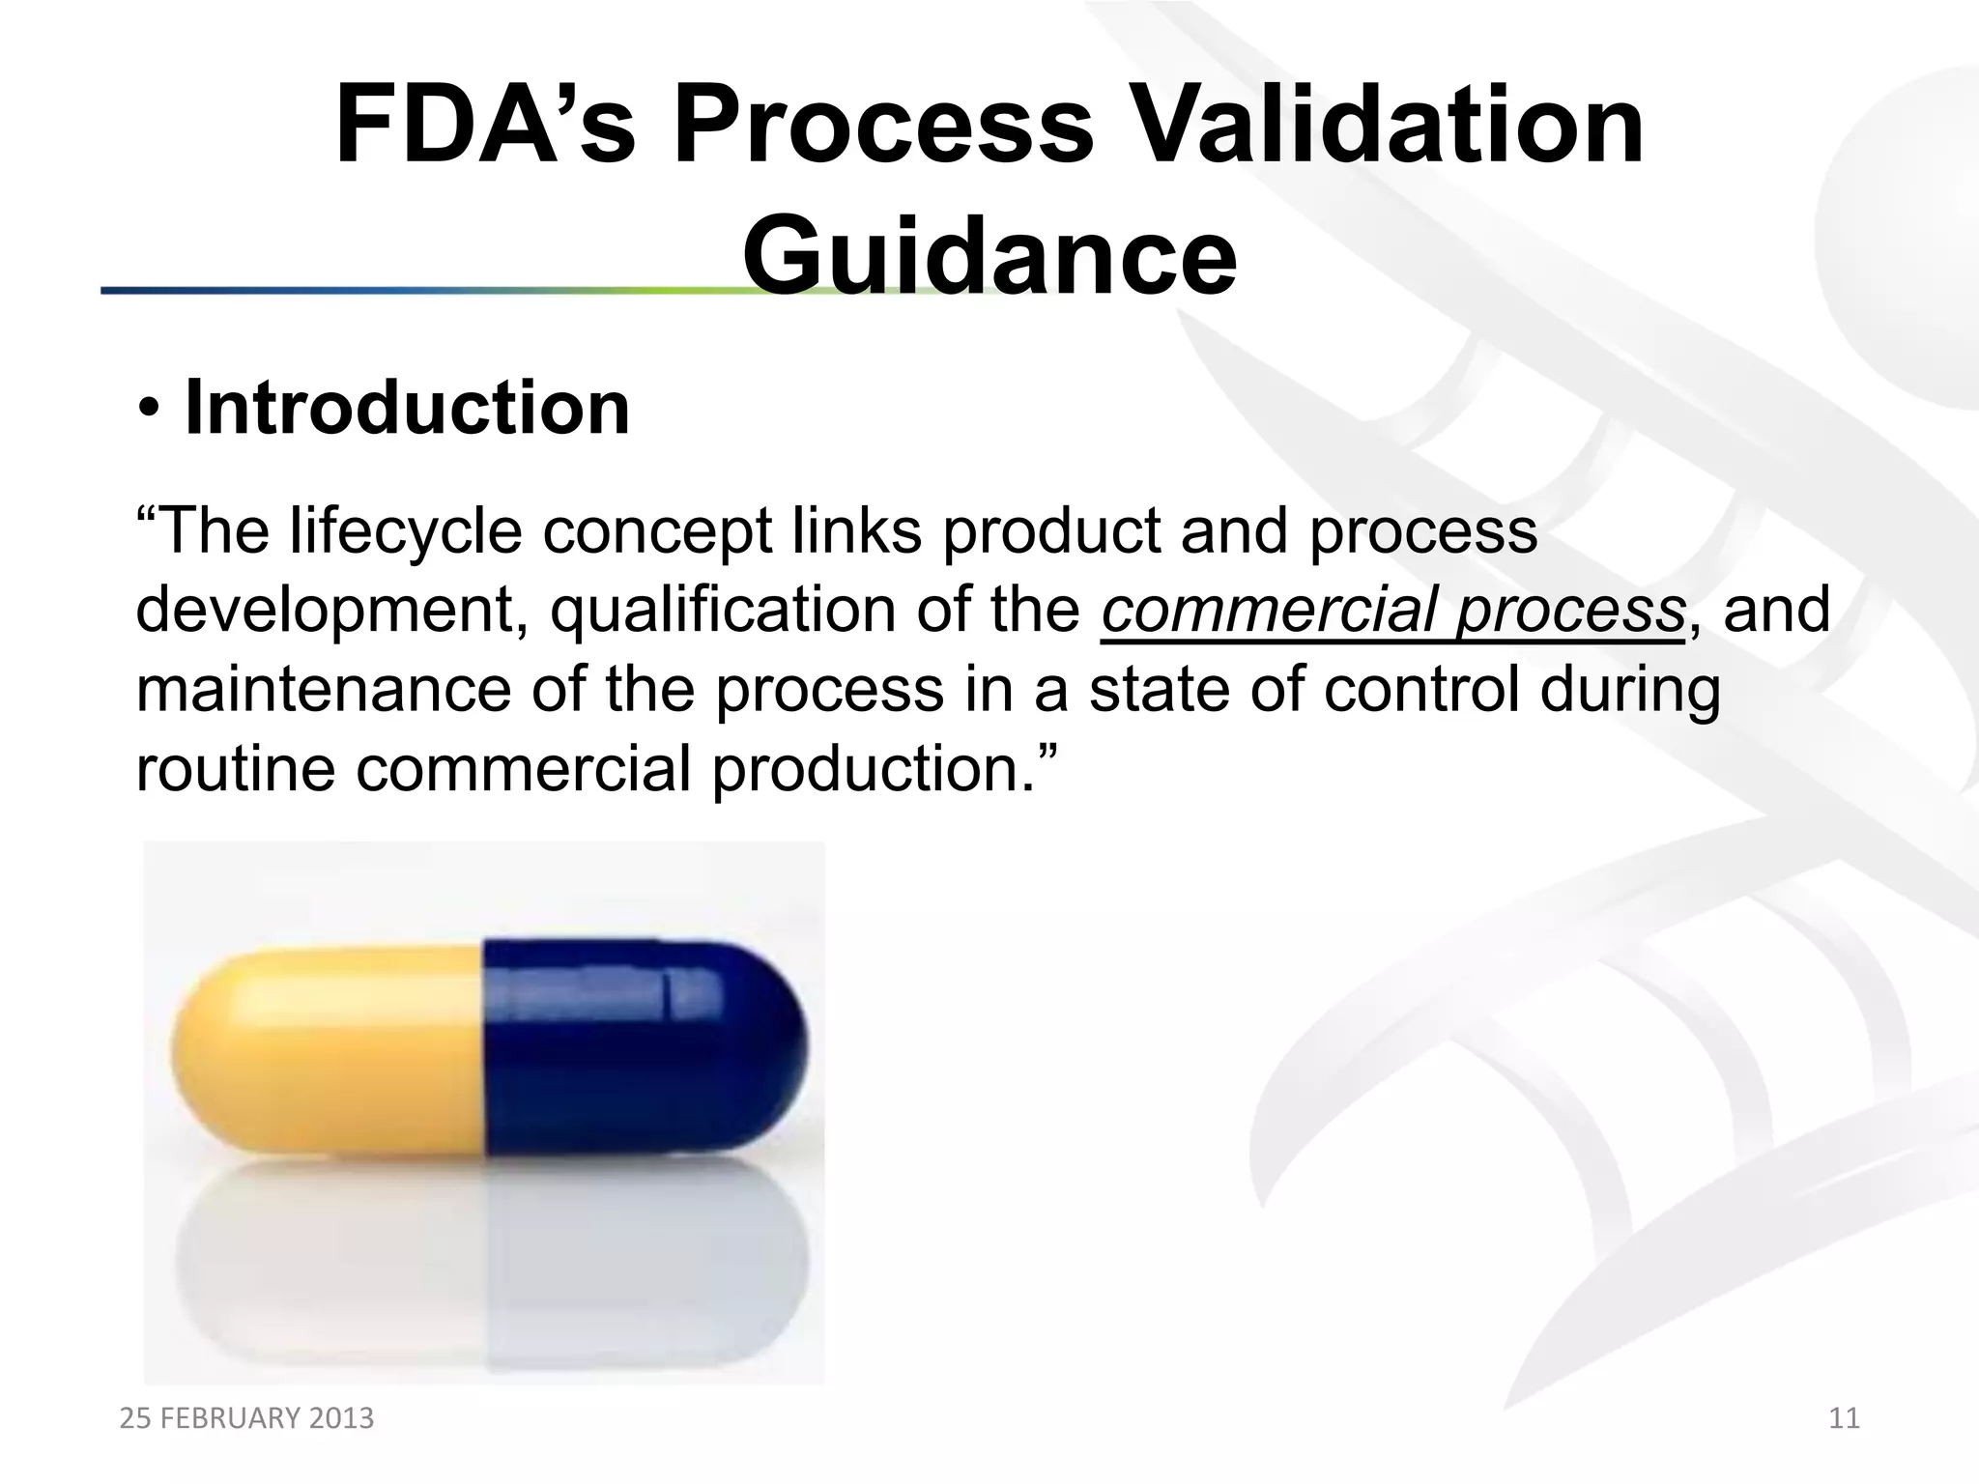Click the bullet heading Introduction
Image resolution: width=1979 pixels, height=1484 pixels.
(x=407, y=408)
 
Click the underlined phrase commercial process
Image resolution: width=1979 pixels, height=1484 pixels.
(x=1392, y=611)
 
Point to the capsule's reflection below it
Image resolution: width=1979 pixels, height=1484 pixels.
(x=488, y=1275)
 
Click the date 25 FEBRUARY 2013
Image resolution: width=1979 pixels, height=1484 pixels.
(x=246, y=1418)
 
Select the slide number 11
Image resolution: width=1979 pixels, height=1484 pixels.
(x=1844, y=1418)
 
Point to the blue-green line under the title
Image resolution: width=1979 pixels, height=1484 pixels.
(x=387, y=290)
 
